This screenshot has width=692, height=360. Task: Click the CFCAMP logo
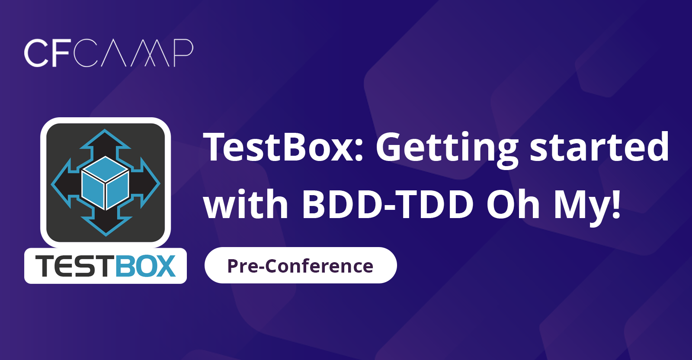tap(109, 53)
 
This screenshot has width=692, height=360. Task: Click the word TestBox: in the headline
tap(284, 147)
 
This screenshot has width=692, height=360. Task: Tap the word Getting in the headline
tap(447, 149)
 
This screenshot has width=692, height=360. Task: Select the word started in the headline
tap(599, 147)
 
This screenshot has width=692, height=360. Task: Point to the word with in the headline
tap(246, 203)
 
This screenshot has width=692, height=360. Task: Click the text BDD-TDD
tap(388, 204)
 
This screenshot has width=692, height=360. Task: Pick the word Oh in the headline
tap(513, 203)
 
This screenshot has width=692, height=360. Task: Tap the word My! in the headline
tap(587, 207)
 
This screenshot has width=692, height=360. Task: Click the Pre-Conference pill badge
tap(301, 265)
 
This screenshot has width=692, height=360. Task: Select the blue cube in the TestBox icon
tap(106, 183)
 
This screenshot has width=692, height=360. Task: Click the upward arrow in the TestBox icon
tap(105, 145)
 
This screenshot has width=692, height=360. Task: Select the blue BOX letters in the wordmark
tap(146, 266)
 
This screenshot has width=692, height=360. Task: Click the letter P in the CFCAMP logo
tap(183, 53)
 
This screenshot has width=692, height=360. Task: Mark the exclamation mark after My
tap(616, 204)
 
